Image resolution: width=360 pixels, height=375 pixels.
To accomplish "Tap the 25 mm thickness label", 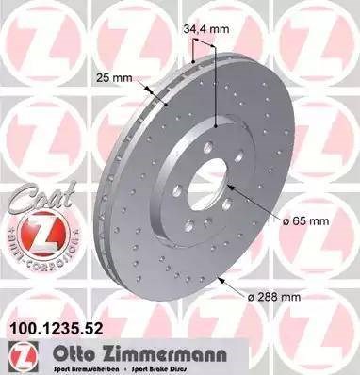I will pyautogui.click(x=111, y=78).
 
